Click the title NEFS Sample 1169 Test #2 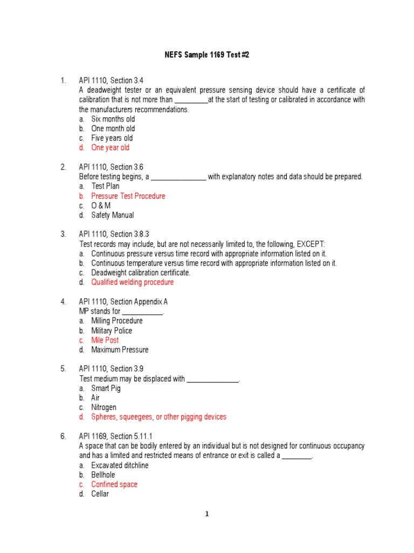click(x=206, y=56)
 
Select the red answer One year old click(x=110, y=147)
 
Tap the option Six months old click(x=113, y=119)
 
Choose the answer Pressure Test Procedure click(x=128, y=196)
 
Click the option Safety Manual click(x=112, y=215)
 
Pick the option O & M click(x=101, y=206)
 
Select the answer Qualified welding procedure click(x=132, y=282)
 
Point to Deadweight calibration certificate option click(x=141, y=273)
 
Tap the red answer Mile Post click(x=105, y=340)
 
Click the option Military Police click(x=111, y=331)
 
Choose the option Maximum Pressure click(x=120, y=349)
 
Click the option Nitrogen click(x=103, y=407)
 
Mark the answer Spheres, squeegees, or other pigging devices click(x=158, y=417)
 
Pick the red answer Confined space click(x=114, y=484)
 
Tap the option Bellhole click(x=103, y=475)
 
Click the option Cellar click(x=100, y=494)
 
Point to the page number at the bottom click(x=206, y=514)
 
